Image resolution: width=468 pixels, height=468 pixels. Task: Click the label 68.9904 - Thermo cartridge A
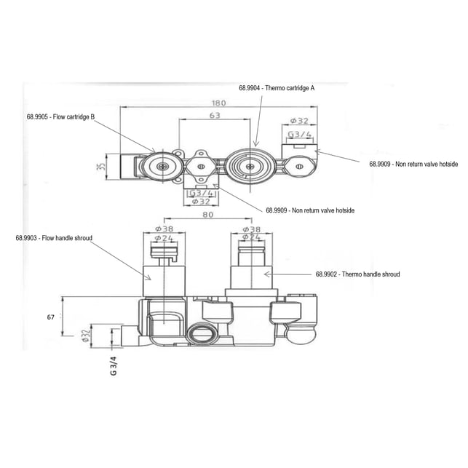pyautogui.click(x=277, y=88)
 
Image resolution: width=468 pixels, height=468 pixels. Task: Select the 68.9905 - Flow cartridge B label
pyautogui.click(x=60, y=116)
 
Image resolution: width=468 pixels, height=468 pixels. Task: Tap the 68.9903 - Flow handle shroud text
pyautogui.click(x=54, y=238)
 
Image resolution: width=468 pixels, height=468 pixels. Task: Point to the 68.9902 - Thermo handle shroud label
pyautogui.click(x=357, y=274)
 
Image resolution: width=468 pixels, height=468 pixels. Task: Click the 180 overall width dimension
pyautogui.click(x=218, y=103)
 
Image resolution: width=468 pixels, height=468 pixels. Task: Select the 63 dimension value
pyautogui.click(x=215, y=115)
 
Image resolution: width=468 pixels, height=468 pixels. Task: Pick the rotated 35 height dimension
pyautogui.click(x=102, y=167)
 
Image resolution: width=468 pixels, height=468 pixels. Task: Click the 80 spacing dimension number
pyautogui.click(x=207, y=215)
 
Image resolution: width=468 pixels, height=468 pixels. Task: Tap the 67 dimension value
pyautogui.click(x=50, y=317)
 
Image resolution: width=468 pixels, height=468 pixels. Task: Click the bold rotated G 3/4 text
pyautogui.click(x=114, y=365)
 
